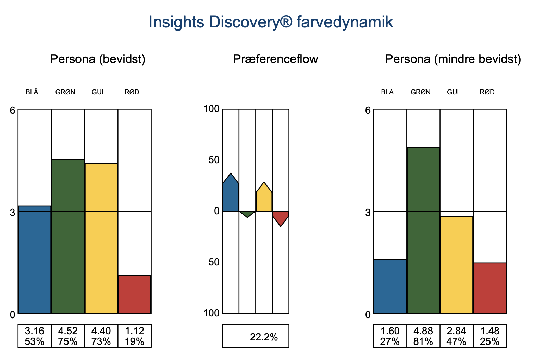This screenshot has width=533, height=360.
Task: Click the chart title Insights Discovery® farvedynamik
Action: point(271,22)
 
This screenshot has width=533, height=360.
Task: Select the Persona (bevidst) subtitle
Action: point(98,59)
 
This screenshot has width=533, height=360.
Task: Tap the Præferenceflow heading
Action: point(275,59)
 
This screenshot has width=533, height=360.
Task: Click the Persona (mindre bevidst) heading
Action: point(453,59)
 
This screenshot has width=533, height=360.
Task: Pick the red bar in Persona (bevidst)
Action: point(135,294)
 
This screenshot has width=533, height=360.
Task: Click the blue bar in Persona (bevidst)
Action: point(35,260)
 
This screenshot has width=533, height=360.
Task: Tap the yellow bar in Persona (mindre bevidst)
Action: point(457,265)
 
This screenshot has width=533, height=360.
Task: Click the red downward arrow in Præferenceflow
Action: point(281,217)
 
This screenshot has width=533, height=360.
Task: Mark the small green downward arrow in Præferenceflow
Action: point(247,213)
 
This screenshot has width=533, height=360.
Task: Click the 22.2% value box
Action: point(256,336)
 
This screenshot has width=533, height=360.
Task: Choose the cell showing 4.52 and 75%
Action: point(68,336)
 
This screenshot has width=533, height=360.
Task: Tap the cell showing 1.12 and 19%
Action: point(135,336)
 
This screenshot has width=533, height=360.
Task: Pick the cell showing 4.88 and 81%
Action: point(423,336)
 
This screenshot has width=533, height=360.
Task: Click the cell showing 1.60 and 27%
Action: point(390,336)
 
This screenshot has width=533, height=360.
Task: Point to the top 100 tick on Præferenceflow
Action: point(211,109)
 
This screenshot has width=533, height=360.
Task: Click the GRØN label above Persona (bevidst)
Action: point(65,92)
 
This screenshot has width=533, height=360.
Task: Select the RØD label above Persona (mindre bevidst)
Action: point(487,92)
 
